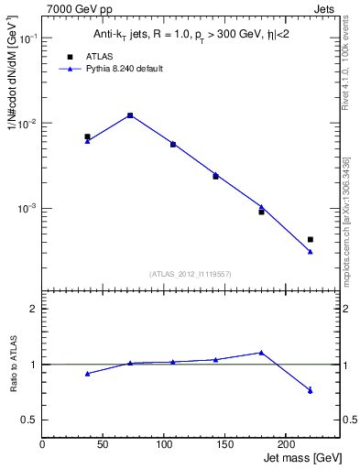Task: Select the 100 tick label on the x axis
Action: (x=164, y=443)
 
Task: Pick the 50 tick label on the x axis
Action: (x=104, y=443)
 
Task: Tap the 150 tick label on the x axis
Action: (x=224, y=443)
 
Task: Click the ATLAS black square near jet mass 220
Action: (x=311, y=239)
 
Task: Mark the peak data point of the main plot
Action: (x=130, y=115)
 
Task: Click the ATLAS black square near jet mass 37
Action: (x=87, y=136)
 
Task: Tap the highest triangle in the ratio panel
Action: (x=261, y=353)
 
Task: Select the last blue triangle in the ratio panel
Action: (x=311, y=391)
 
